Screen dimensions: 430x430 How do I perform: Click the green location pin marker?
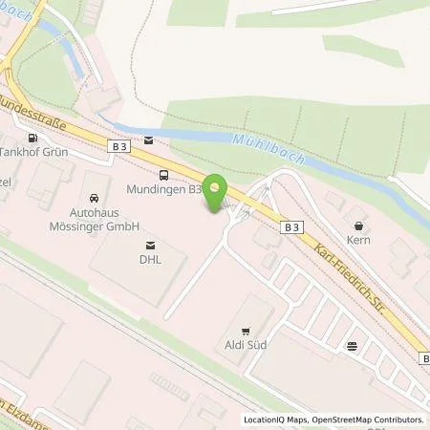[x=217, y=192]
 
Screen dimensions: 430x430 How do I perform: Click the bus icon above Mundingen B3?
[x=164, y=175]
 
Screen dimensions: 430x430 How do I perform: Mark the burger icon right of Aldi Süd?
[x=354, y=346]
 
